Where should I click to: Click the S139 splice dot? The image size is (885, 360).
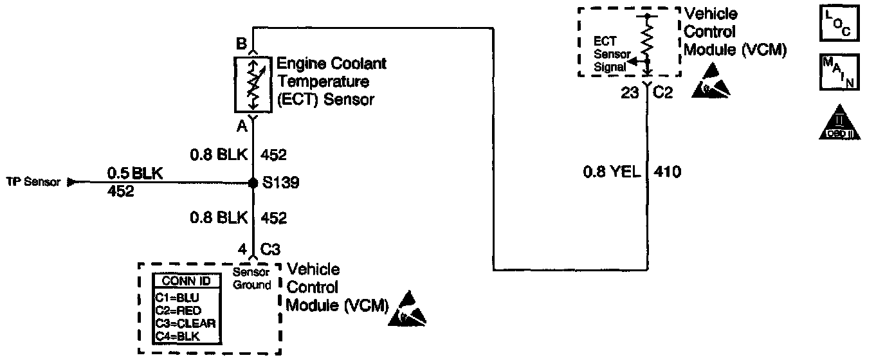pos(253,183)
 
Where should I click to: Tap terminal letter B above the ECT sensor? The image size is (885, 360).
pos(241,44)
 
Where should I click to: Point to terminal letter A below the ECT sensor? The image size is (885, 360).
pos(242,127)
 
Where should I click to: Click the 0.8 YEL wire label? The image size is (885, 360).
pos(611,172)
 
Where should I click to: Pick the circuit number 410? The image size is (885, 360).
pos(667,172)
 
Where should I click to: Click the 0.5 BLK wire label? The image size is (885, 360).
pos(136,173)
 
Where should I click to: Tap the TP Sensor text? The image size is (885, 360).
pos(33,182)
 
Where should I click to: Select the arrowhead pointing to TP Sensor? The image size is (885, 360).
pos(71,182)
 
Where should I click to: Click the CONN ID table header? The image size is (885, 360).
pos(186,281)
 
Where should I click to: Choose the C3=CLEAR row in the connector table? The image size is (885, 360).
pos(185,323)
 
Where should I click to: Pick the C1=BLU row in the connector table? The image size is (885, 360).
pos(178,298)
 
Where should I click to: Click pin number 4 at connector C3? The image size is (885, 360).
pos(241,248)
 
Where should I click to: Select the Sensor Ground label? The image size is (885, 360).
pos(251,279)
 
